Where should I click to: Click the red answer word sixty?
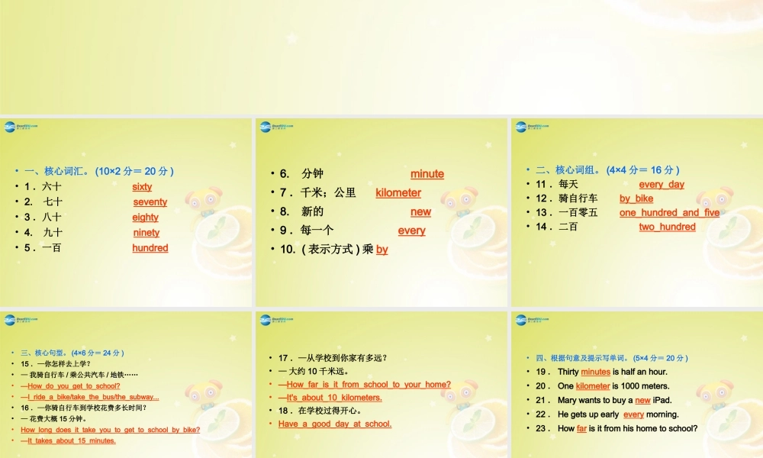tap(142, 186)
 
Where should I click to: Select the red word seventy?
tap(150, 202)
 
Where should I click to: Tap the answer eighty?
tap(145, 217)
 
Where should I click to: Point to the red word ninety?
tap(146, 232)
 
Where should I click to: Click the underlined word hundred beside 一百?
tap(150, 247)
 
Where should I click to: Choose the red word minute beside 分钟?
tap(427, 174)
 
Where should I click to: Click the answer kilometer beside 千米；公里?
tap(398, 192)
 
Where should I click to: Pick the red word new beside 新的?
tap(420, 211)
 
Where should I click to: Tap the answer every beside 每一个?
tap(411, 231)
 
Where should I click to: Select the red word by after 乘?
tap(382, 249)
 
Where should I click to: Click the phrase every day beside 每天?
tap(662, 184)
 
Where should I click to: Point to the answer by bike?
tap(636, 198)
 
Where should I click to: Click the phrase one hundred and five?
tap(669, 212)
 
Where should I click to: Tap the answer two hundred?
tap(667, 227)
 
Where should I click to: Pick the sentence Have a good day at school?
tap(335, 424)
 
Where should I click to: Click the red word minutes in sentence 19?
tap(595, 372)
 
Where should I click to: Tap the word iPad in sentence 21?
tap(662, 400)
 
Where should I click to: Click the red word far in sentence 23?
tap(581, 428)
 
